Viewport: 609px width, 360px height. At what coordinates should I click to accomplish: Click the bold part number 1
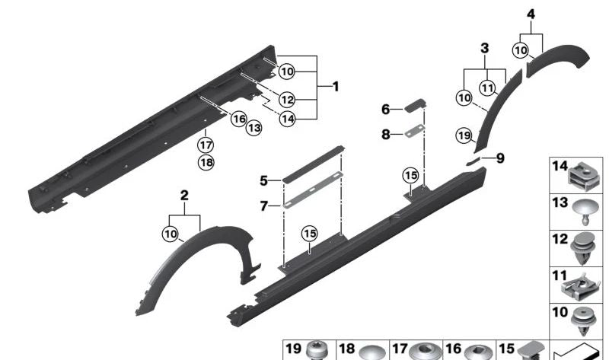(x=335, y=87)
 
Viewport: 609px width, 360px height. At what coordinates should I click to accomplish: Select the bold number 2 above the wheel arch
(x=183, y=196)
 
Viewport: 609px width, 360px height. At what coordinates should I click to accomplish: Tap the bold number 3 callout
(x=484, y=49)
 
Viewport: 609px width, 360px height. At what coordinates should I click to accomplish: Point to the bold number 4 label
(x=531, y=14)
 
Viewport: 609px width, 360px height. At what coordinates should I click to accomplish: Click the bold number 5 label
(x=263, y=181)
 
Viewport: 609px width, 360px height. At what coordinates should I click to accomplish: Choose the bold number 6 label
(x=385, y=110)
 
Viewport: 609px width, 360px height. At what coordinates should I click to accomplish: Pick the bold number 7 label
(x=263, y=205)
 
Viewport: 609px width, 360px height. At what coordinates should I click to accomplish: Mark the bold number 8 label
(x=385, y=134)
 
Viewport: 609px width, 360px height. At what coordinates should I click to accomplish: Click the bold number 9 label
(x=499, y=158)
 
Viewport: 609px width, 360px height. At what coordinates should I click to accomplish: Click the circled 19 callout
(x=464, y=135)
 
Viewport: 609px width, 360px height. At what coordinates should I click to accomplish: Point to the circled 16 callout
(x=238, y=118)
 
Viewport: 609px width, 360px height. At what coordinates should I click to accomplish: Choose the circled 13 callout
(x=254, y=128)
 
